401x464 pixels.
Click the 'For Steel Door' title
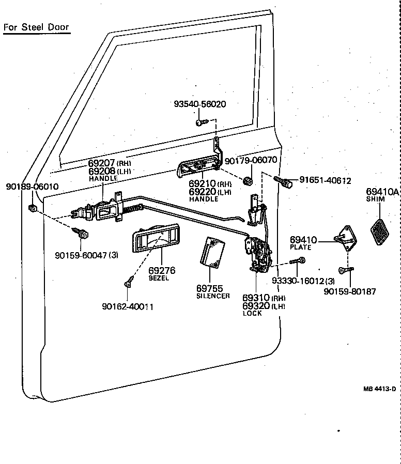36,27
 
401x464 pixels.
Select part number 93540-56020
199,104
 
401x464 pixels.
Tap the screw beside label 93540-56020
201,122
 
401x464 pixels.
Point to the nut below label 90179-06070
248,181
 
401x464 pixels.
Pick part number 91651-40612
325,180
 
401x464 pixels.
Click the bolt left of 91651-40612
284,181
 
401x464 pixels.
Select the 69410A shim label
382,192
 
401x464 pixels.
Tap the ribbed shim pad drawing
382,231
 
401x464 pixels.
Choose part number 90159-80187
349,291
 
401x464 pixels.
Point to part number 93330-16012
296,281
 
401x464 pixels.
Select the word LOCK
252,314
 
